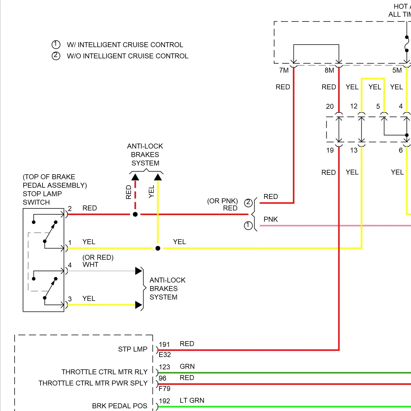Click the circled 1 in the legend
click(x=56, y=44)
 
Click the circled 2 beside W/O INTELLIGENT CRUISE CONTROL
click(x=56, y=56)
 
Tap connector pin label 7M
click(x=284, y=70)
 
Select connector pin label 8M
click(x=329, y=70)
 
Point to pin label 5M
click(x=397, y=70)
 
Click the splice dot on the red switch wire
click(x=135, y=214)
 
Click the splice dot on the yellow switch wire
click(x=158, y=248)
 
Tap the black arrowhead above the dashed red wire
click(x=135, y=177)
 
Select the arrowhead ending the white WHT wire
click(x=139, y=271)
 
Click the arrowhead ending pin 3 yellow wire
click(x=139, y=305)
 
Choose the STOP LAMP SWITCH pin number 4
click(x=70, y=265)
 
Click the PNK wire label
click(x=270, y=219)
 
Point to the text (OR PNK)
click(x=222, y=201)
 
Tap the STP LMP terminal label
click(x=133, y=349)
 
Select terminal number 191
click(x=164, y=344)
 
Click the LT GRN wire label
click(x=192, y=400)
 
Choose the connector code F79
click(x=164, y=389)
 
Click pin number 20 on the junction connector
click(x=330, y=106)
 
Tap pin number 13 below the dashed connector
click(x=354, y=150)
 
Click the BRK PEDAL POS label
click(x=119, y=406)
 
